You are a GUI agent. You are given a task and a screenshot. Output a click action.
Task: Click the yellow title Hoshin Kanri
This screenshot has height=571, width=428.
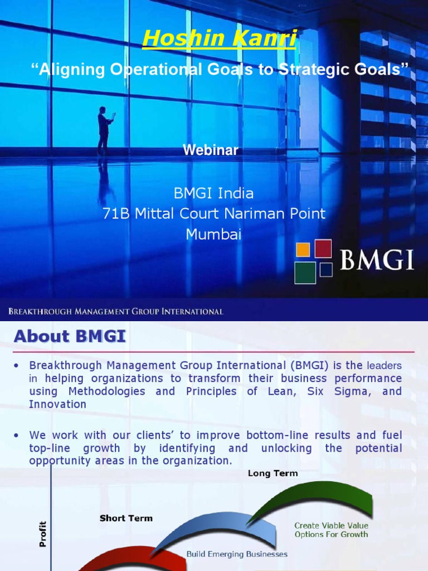coord(219,38)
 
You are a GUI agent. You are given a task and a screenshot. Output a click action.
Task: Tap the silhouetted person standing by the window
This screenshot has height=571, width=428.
coord(104,130)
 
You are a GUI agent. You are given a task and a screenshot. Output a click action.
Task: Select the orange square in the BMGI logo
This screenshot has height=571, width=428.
coord(303,250)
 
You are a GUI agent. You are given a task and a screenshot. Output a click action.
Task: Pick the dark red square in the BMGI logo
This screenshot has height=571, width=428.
coord(323,248)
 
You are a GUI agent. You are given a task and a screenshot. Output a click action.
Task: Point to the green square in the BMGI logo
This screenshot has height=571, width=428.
coord(305,273)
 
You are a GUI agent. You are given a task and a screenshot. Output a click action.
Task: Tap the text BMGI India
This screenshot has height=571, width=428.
coord(213,193)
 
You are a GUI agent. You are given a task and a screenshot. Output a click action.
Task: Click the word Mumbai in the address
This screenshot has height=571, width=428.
coord(213,234)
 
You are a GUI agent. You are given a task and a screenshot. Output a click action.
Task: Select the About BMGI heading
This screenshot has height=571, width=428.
coord(70,336)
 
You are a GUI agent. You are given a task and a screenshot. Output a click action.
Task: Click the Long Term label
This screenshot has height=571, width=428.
coord(273,473)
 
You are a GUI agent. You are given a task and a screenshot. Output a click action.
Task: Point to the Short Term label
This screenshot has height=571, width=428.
coord(126,518)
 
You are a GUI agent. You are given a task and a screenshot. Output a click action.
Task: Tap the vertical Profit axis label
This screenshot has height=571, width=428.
coord(43,534)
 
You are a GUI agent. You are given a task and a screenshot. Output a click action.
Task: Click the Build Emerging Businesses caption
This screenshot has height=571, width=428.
coord(237,554)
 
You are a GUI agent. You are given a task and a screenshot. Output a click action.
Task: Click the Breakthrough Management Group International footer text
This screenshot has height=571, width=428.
coord(115,312)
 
